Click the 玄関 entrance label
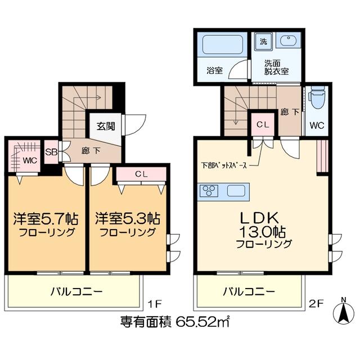[106, 126]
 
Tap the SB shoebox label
[51, 152]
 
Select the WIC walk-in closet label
[30, 160]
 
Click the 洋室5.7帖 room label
[46, 219]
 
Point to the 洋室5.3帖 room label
[128, 219]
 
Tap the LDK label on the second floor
[259, 218]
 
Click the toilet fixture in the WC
[317, 98]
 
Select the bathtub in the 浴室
[223, 44]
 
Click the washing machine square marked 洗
[264, 41]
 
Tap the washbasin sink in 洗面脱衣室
[288, 40]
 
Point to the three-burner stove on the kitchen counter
[209, 191]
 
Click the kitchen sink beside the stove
[236, 191]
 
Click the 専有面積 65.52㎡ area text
[175, 322]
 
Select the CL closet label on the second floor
[263, 124]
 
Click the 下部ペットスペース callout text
[224, 165]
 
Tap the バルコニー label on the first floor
[76, 292]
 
